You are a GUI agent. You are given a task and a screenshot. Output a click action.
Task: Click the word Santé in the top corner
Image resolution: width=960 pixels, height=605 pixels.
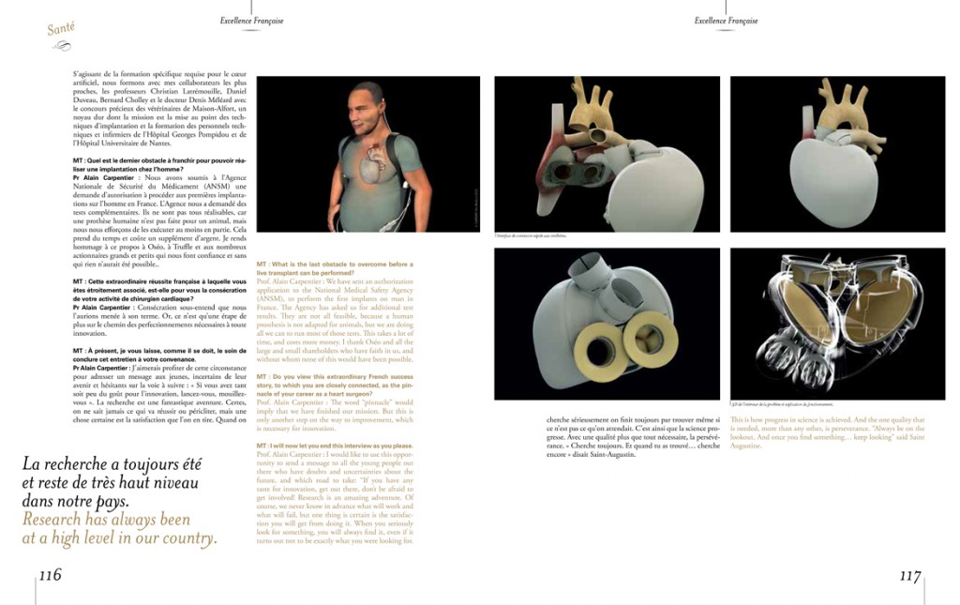pyautogui.click(x=61, y=29)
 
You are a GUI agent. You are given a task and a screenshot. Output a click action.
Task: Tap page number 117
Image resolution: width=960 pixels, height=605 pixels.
pyautogui.click(x=909, y=576)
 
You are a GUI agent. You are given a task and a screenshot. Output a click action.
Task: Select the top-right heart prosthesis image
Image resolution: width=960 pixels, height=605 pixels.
pyautogui.click(x=838, y=152)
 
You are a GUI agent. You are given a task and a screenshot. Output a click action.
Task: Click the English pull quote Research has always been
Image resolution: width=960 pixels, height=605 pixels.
pyautogui.click(x=119, y=529)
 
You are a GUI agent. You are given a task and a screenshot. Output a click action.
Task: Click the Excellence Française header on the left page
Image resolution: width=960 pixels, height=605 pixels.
pyautogui.click(x=251, y=21)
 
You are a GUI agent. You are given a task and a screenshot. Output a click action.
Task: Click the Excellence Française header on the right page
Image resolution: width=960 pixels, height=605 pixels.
pyautogui.click(x=726, y=21)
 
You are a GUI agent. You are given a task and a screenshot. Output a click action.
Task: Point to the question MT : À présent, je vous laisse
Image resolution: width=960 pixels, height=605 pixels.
pyautogui.click(x=158, y=353)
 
